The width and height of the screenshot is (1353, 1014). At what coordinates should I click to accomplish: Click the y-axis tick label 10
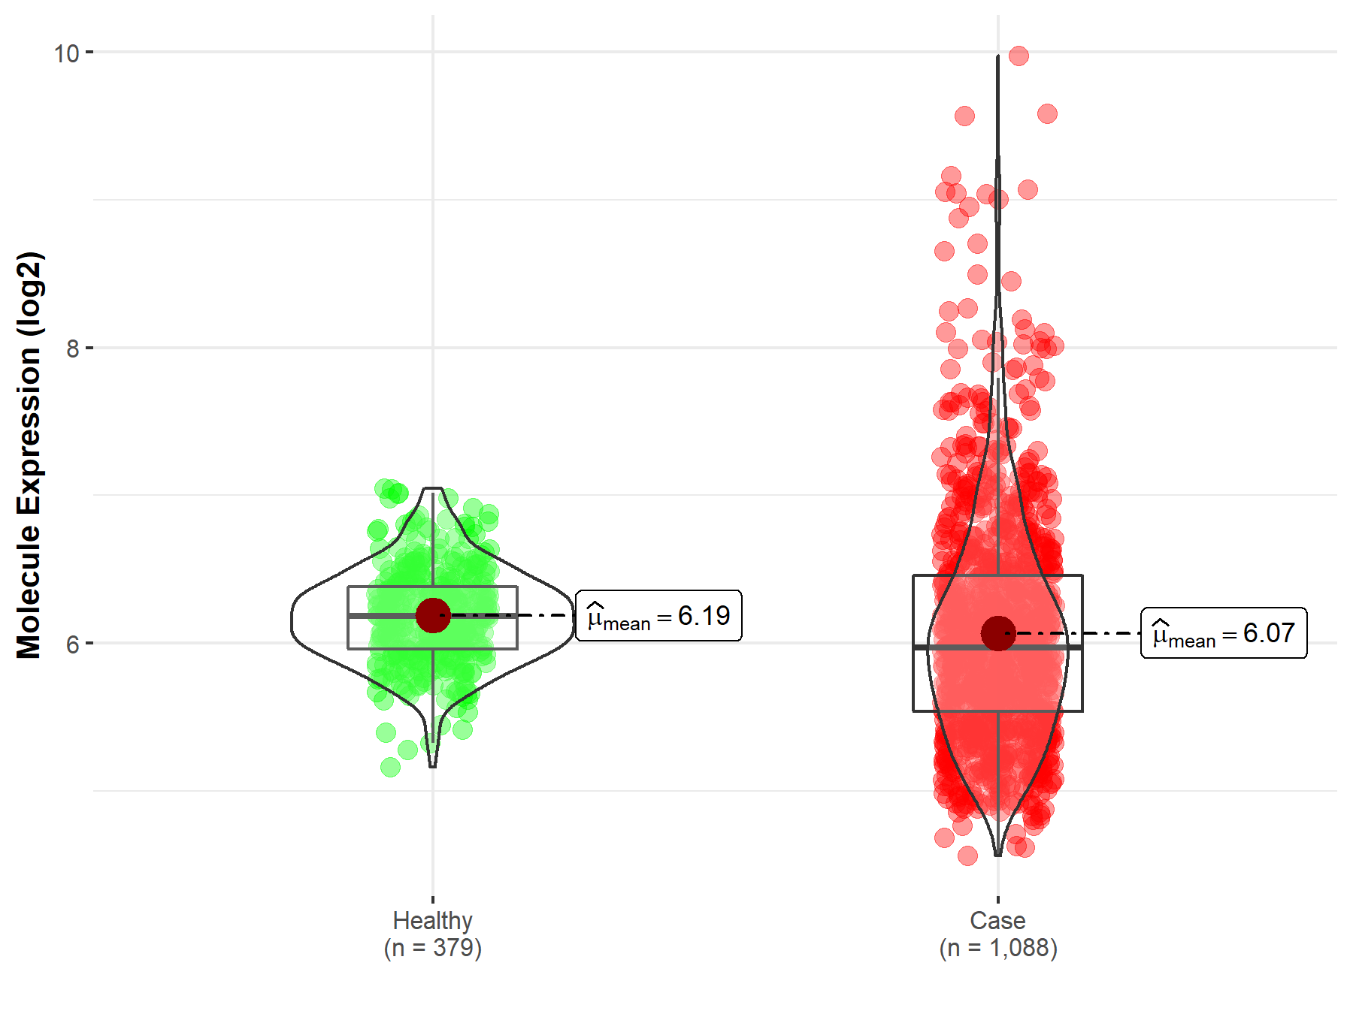click(66, 53)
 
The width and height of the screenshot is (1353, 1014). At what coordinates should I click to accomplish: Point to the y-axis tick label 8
click(72, 349)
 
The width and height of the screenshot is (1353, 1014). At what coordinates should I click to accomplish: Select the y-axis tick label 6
click(72, 644)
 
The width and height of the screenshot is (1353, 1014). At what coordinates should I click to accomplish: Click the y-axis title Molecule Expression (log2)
click(29, 455)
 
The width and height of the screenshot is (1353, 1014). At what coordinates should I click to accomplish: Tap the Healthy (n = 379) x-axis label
click(432, 934)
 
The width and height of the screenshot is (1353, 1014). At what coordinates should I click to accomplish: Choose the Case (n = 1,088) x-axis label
click(997, 934)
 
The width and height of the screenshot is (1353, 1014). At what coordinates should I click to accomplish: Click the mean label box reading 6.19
click(658, 616)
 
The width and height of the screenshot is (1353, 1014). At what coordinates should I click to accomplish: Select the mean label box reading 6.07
click(1224, 633)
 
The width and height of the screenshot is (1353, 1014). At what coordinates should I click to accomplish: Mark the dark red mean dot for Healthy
click(432, 616)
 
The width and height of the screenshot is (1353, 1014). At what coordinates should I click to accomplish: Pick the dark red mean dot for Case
click(997, 633)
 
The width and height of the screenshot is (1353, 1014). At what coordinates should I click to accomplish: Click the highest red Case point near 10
click(1019, 56)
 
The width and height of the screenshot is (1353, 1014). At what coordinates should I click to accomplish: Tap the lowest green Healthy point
click(390, 767)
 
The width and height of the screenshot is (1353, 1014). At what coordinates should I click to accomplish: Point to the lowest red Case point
click(967, 856)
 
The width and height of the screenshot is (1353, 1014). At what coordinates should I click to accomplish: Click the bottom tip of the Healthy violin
click(432, 766)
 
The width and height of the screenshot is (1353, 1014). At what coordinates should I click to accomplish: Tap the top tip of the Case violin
click(997, 57)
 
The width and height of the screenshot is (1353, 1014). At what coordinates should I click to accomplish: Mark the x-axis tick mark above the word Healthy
click(432, 899)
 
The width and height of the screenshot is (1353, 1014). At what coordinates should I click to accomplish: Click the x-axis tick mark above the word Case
click(997, 899)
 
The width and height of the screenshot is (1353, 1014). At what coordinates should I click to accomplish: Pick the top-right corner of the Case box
click(1082, 575)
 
